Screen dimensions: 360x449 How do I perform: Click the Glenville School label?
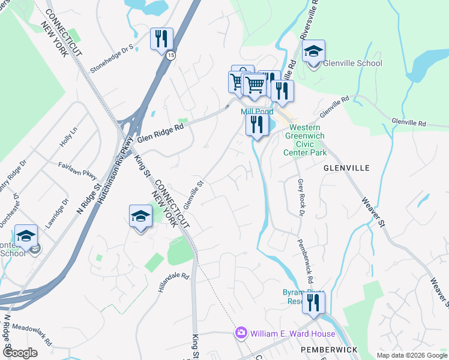point(353,64)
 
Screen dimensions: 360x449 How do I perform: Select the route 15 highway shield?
point(171,55)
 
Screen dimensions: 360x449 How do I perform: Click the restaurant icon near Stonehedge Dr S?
point(161,40)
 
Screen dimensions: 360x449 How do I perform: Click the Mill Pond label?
point(257,112)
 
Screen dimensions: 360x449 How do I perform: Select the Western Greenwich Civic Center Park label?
point(305,140)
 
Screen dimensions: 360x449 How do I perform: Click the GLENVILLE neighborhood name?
point(346,168)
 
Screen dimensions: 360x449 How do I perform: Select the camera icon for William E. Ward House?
point(241,332)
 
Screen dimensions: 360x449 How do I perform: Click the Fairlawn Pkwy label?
point(77,169)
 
